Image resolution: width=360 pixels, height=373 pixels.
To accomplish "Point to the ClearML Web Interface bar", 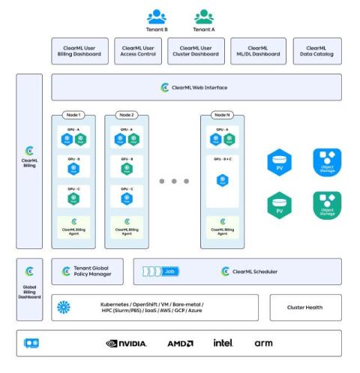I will (x=196, y=88).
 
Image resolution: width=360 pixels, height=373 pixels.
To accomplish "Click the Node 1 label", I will (x=74, y=115).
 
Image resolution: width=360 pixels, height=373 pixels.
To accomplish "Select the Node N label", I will (x=222, y=115).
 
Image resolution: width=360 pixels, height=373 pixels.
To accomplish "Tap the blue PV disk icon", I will (x=279, y=163).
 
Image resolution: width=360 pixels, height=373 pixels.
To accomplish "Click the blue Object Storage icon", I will (x=325, y=162).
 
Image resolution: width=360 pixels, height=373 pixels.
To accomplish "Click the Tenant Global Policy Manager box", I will (x=88, y=271).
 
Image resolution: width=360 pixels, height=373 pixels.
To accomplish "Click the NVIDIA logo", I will (x=127, y=343).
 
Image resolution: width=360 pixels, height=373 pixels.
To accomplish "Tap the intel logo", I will (x=223, y=343).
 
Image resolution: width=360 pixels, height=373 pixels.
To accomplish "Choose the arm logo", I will (x=263, y=343).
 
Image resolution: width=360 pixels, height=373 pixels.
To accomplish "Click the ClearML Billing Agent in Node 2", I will (x=127, y=227).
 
